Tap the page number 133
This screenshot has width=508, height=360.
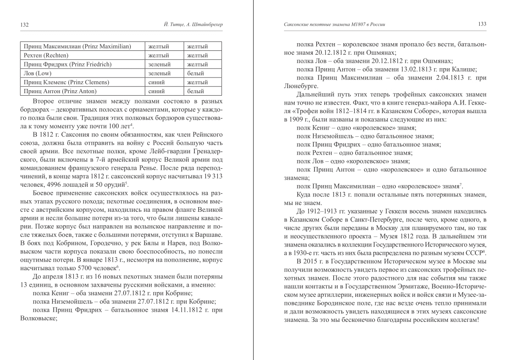coord(482,24)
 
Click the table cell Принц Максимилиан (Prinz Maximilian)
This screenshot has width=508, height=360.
coord(78,46)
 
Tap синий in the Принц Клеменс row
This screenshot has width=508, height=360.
coord(157,82)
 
